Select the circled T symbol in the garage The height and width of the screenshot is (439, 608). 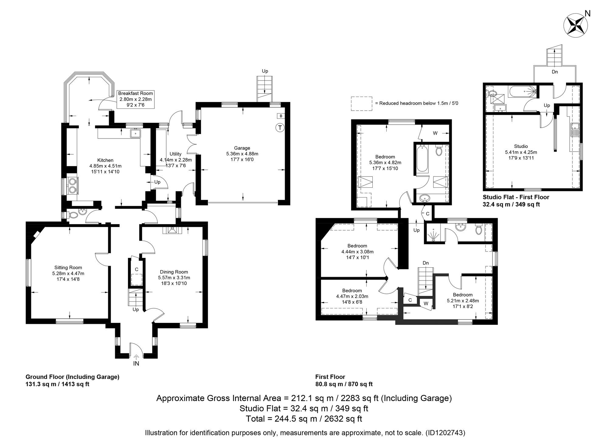click(279, 128)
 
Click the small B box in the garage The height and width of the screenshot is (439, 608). click(281, 116)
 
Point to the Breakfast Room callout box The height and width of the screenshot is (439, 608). click(135, 99)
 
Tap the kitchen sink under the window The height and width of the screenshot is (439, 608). click(135, 133)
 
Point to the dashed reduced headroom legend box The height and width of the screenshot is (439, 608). click(361, 103)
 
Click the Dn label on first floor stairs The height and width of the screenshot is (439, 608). click(426, 263)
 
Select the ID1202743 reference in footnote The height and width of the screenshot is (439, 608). click(445, 433)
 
